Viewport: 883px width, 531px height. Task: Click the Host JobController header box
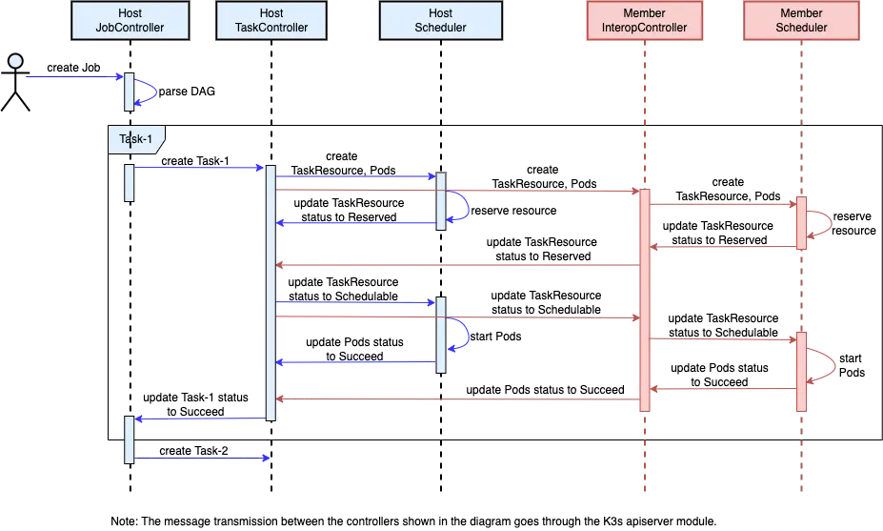pos(130,20)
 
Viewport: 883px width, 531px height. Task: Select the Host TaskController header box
pos(271,20)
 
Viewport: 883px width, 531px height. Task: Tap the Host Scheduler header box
pos(440,20)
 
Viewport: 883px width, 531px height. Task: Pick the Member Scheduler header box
pos(801,20)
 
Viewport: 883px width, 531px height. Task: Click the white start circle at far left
pos(15,62)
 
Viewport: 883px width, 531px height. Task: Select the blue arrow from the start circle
pos(71,78)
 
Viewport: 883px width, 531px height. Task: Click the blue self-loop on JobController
pos(151,92)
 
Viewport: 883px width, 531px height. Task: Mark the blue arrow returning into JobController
pos(200,418)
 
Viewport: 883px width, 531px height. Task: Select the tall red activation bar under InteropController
pos(645,299)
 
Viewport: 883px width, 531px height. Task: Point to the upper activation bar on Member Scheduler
pos(801,223)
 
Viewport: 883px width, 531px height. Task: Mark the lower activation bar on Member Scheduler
pos(801,371)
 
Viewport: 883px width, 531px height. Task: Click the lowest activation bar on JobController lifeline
pos(130,439)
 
